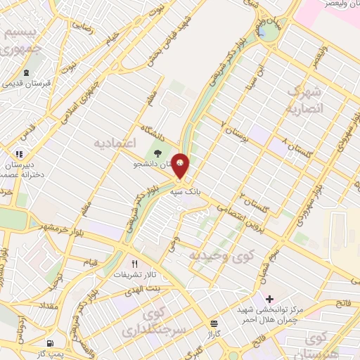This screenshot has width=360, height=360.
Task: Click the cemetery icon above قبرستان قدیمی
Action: point(26,72)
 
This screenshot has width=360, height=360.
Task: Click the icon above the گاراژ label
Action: point(213,323)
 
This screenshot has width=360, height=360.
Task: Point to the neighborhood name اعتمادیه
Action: point(113,143)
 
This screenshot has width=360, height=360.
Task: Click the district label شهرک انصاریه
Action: point(307,100)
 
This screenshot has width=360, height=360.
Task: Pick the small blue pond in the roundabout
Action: point(262,30)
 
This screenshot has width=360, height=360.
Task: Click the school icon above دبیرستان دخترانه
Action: point(19,153)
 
